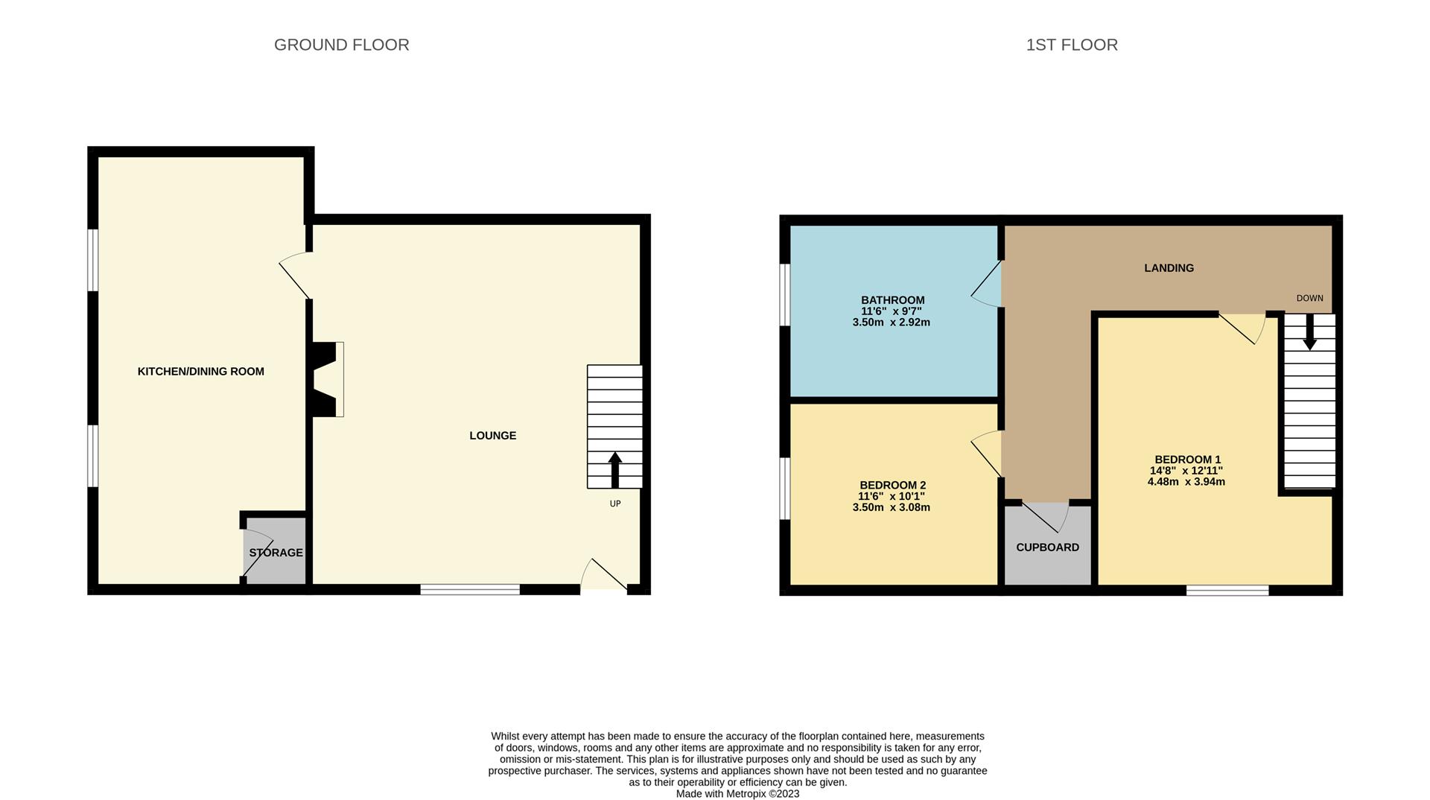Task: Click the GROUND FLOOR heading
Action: pyautogui.click(x=341, y=45)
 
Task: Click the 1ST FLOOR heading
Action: pyautogui.click(x=1071, y=45)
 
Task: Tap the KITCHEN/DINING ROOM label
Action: pyautogui.click(x=200, y=371)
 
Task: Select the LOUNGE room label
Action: pyautogui.click(x=492, y=435)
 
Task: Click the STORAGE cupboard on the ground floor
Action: pyautogui.click(x=276, y=553)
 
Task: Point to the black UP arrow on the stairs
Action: pyautogui.click(x=615, y=469)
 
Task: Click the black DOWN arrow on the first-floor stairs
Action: pyautogui.click(x=1309, y=333)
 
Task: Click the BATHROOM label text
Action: pyautogui.click(x=892, y=300)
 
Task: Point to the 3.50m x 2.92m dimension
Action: pyautogui.click(x=891, y=323)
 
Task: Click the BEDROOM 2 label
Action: pyautogui.click(x=892, y=485)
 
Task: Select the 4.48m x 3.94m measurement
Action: pyautogui.click(x=1186, y=482)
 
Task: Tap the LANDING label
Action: pyautogui.click(x=1169, y=267)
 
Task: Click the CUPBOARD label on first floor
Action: pyautogui.click(x=1047, y=547)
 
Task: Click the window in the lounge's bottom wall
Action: pyautogui.click(x=470, y=589)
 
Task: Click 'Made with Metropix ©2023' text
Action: pyautogui.click(x=737, y=793)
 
